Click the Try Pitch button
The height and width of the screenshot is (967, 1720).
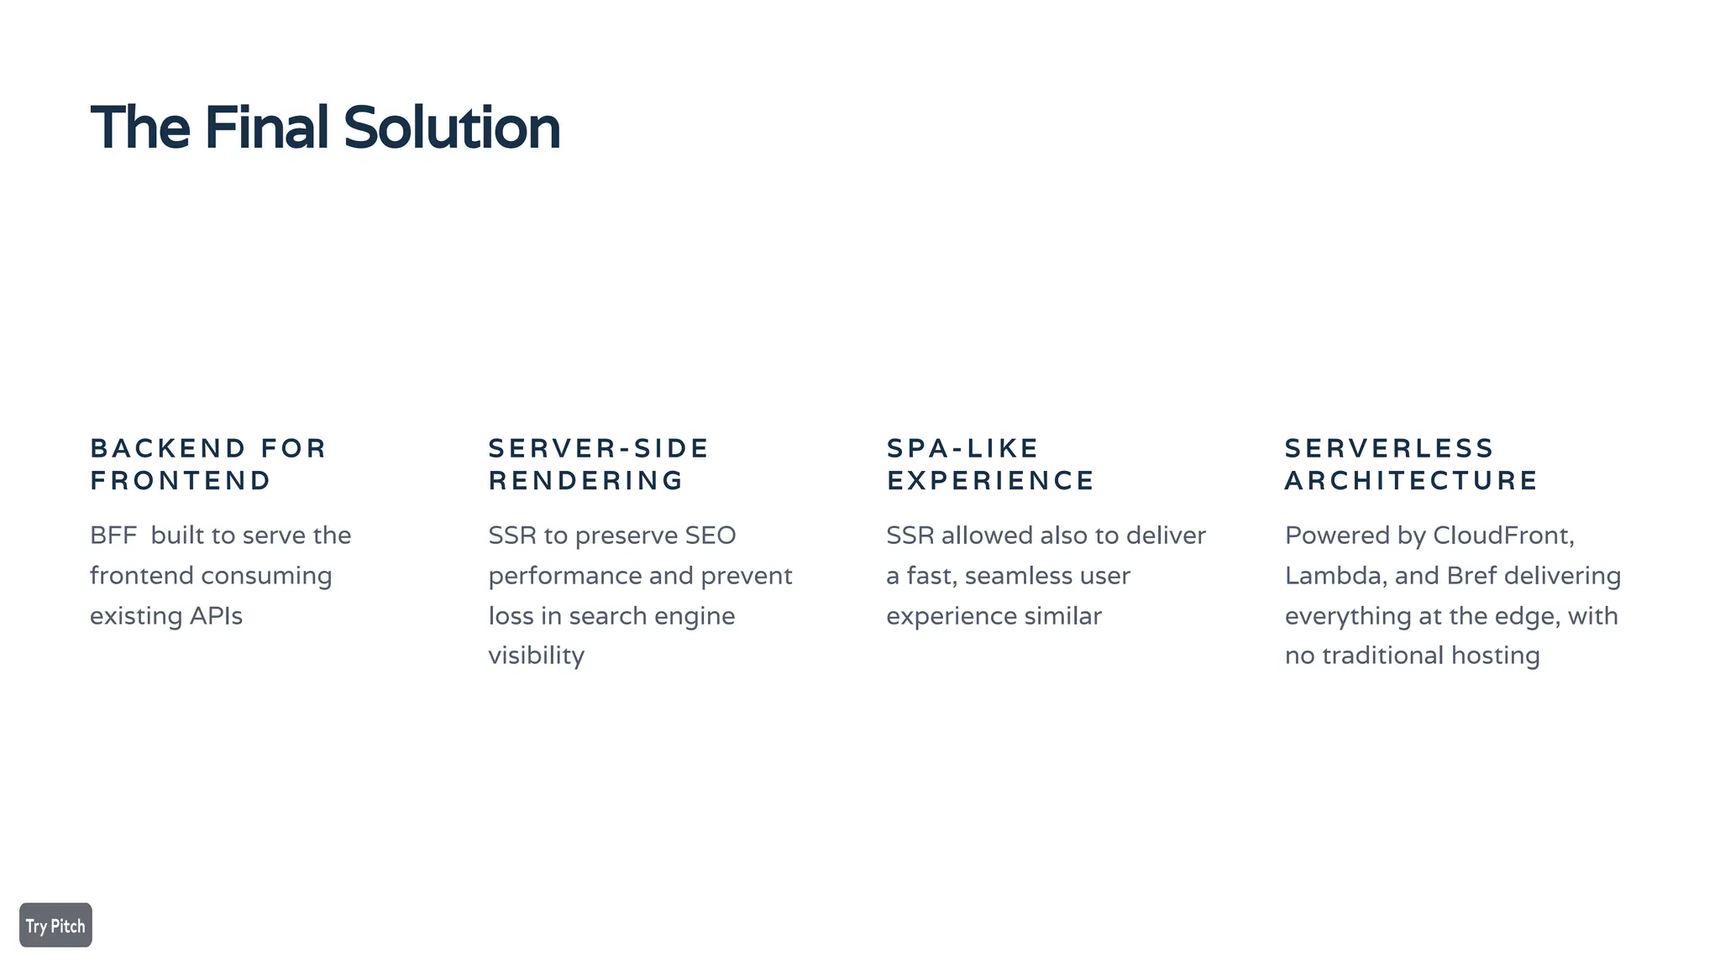coord(55,925)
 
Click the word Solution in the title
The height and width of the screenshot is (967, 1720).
coord(451,128)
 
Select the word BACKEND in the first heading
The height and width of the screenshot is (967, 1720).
coord(168,448)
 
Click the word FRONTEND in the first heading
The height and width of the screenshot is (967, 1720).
coord(181,481)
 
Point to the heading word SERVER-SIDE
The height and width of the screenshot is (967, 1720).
coord(599,448)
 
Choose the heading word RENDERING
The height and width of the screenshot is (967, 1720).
coord(586,481)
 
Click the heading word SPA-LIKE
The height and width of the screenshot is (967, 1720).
coord(962,448)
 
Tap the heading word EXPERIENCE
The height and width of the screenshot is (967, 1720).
coord(990,481)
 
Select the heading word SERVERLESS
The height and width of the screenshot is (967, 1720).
coord(1389,448)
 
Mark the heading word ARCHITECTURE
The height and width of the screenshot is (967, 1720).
coord(1411,481)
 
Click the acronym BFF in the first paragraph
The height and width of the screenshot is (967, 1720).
coord(113,536)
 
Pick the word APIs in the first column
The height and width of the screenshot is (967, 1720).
coord(216,616)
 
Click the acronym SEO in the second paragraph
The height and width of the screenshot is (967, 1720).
coord(710,536)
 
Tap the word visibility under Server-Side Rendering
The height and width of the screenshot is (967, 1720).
coord(536,656)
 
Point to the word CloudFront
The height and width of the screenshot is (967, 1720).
coord(1502,536)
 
